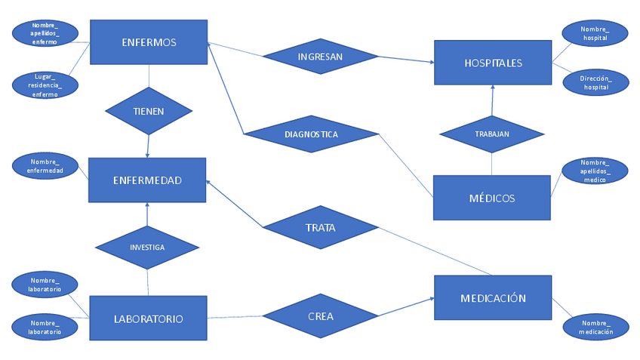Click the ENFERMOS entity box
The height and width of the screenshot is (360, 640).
click(x=149, y=43)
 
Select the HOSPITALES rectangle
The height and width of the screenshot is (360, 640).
click(x=493, y=63)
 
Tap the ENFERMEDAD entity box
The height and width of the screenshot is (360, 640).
click(x=147, y=180)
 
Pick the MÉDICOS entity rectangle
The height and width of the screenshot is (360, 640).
click(x=491, y=198)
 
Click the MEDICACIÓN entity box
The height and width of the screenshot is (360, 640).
click(x=493, y=298)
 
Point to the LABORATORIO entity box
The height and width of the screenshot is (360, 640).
click(x=148, y=318)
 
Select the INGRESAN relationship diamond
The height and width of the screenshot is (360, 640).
click(x=320, y=57)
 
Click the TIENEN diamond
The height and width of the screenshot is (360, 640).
click(x=149, y=111)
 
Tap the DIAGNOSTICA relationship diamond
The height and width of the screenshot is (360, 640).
click(x=311, y=134)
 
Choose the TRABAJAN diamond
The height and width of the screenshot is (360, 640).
click(x=492, y=134)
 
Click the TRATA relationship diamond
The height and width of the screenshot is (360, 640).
click(x=320, y=227)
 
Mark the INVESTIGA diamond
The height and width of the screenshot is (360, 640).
click(x=147, y=247)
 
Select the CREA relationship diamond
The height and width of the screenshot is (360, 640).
click(x=321, y=316)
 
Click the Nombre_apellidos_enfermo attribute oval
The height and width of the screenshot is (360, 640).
click(x=45, y=33)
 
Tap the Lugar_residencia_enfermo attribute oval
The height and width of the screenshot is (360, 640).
click(x=45, y=85)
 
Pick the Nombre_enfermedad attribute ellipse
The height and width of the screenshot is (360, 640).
click(x=45, y=166)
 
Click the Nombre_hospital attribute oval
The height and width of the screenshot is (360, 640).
click(x=595, y=33)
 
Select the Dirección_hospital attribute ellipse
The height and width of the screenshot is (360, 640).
click(x=595, y=82)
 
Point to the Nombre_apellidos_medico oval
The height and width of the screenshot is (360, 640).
click(x=595, y=171)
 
